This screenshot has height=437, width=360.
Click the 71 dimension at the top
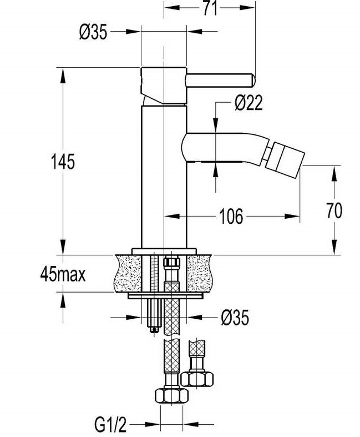point(210,8)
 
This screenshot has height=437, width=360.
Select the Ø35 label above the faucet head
point(93,32)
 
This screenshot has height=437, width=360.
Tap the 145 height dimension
point(63,162)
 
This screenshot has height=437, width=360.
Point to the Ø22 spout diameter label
point(249,103)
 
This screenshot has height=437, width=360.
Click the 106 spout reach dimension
point(231,216)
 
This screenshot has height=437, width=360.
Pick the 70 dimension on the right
point(334,210)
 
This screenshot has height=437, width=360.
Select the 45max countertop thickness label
point(63,274)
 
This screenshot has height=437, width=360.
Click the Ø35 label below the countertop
point(235,318)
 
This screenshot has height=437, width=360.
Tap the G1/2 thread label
point(110,424)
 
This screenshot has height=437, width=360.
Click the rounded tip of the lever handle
point(252,81)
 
